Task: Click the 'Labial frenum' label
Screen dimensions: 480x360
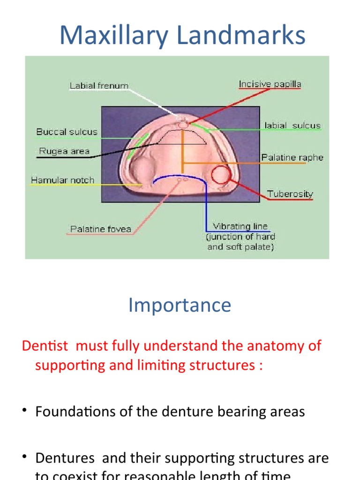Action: point(99,86)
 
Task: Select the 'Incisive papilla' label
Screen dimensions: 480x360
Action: point(270,84)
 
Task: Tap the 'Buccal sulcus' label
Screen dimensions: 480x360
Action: point(67,132)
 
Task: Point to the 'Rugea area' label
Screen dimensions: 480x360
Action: point(64,151)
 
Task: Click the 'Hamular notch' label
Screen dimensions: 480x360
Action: point(62,180)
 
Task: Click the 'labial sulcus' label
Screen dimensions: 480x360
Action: point(292,126)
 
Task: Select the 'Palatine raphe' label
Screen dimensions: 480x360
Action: point(292,157)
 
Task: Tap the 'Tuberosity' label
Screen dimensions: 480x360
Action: point(290,194)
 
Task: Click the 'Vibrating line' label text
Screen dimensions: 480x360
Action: point(240,226)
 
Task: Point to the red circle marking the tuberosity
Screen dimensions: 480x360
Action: point(220,175)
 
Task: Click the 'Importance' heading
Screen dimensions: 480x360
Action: point(180,305)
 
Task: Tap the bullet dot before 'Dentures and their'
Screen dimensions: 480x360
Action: point(24,458)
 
